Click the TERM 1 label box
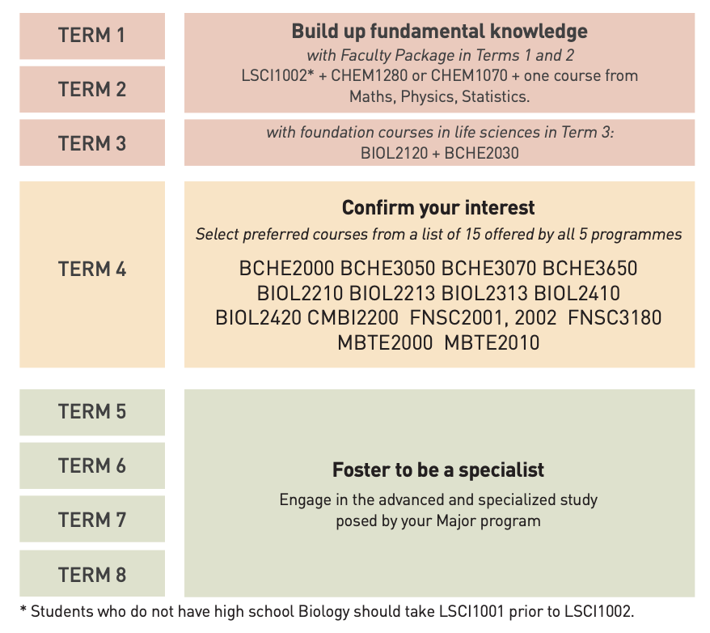(92, 36)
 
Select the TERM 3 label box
(92, 142)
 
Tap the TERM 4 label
(92, 270)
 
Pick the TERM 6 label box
(92, 465)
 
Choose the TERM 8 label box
(92, 574)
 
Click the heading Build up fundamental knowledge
(439, 32)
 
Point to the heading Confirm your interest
(438, 208)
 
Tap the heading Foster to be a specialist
(438, 469)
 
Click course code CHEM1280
(369, 75)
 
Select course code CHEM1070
(469, 75)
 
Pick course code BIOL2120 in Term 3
(394, 153)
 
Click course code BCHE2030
(482, 153)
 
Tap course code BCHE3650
(590, 268)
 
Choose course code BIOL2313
(484, 293)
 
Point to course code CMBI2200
(353, 317)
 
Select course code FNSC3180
(615, 317)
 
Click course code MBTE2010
(492, 342)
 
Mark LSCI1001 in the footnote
(471, 612)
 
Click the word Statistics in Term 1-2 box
(495, 97)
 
